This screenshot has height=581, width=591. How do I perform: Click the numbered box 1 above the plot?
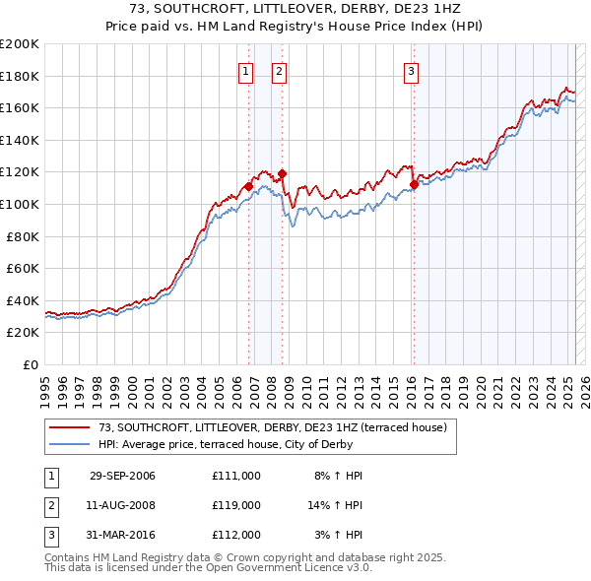[245, 70]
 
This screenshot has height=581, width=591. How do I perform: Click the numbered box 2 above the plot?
[279, 70]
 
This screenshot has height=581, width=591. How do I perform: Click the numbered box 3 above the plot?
[411, 70]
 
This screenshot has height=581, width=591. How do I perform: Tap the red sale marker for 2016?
[414, 185]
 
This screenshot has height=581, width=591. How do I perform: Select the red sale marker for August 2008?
[282, 174]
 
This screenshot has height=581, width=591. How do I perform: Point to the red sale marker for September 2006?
[249, 186]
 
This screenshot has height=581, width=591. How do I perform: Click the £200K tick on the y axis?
[20, 44]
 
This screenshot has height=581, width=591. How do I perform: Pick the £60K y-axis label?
[23, 268]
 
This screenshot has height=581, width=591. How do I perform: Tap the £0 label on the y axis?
[32, 364]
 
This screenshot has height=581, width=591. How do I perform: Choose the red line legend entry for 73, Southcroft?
[273, 427]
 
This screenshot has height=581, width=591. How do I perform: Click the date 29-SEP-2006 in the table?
[122, 476]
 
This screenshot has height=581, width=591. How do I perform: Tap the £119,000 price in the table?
[236, 505]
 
